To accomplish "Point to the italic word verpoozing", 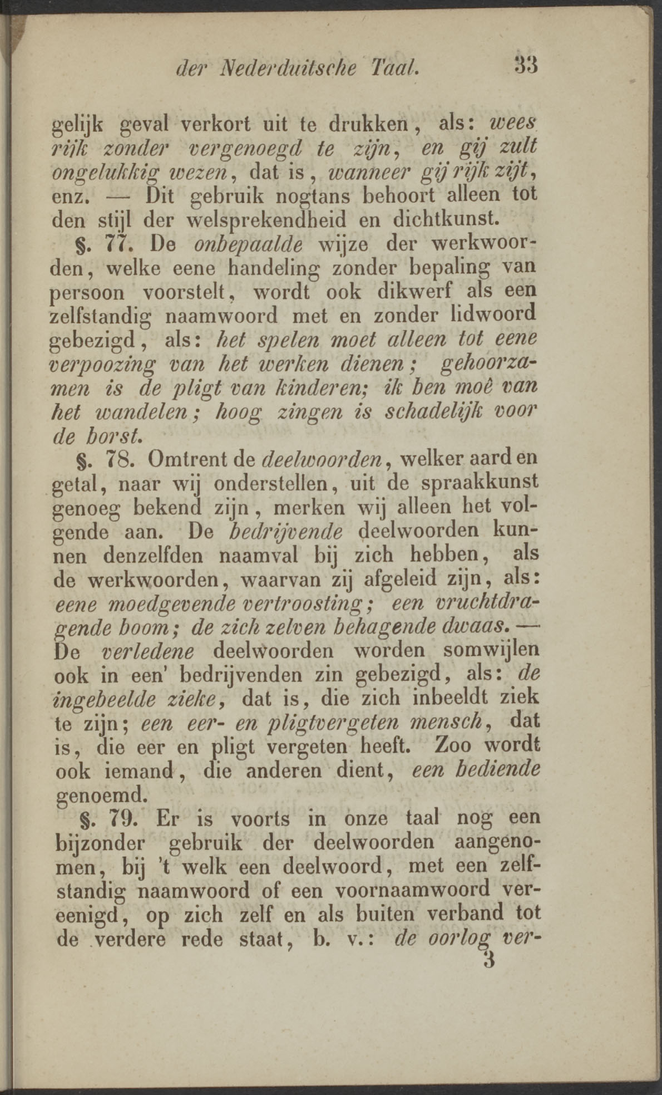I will click(x=101, y=365).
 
